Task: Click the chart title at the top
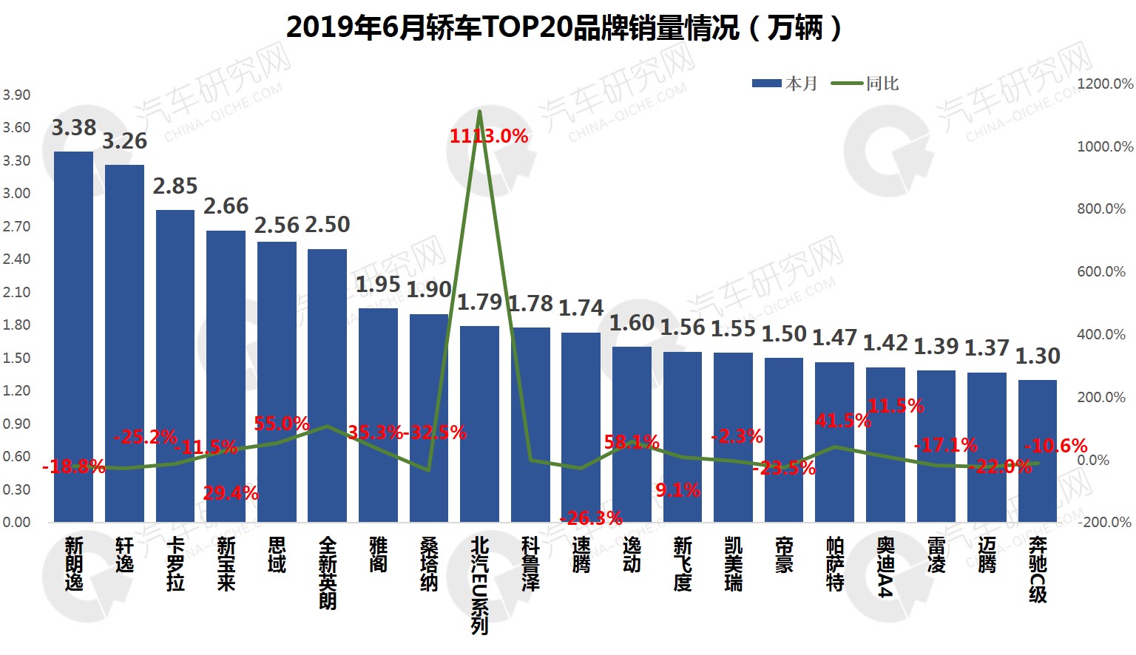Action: coord(564,28)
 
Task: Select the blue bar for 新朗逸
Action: coord(73,336)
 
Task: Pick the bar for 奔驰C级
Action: coord(1037,451)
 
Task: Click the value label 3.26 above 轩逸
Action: coord(124,141)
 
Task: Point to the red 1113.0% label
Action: coord(489,136)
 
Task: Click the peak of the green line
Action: coord(480,112)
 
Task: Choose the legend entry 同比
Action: coord(865,84)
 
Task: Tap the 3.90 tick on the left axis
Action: coord(16,95)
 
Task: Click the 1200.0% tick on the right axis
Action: coord(1105,84)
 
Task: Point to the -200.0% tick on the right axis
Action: coord(1105,522)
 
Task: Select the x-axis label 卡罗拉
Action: coord(175,564)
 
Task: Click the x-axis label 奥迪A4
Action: coord(885,566)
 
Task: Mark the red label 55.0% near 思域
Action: coord(281,424)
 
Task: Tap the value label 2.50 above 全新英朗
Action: coord(328,225)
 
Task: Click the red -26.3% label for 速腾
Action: coord(591,518)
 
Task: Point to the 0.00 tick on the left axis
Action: coord(16,522)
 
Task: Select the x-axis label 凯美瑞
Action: coord(733,564)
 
